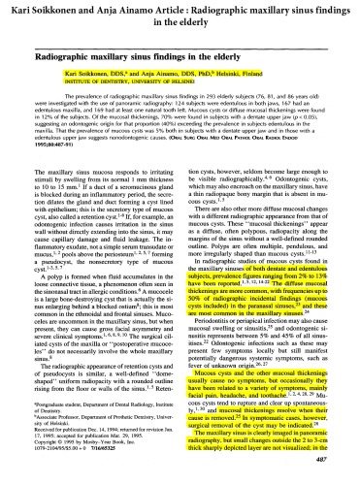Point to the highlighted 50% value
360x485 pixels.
[198, 304]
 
